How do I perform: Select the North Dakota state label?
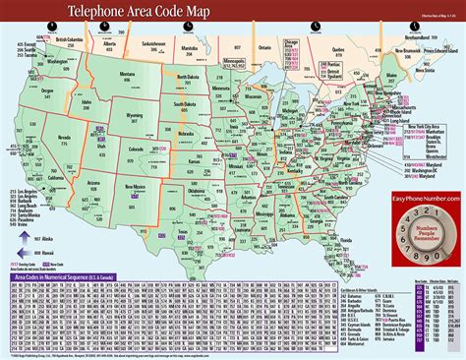194,75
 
